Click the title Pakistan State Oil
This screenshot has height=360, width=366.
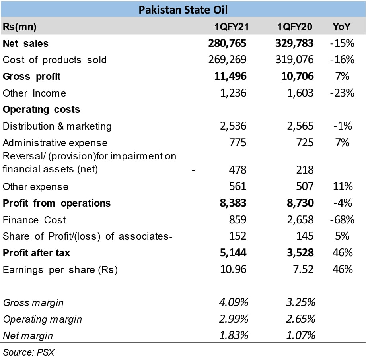coord(183,9)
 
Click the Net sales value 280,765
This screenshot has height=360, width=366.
coord(227,43)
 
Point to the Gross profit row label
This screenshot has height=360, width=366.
coord(32,76)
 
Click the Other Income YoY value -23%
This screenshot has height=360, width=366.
coord(342,93)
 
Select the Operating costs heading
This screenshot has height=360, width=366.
coord(41,110)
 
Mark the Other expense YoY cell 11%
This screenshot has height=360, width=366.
coord(343,187)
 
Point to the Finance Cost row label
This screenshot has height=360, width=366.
coord(34,220)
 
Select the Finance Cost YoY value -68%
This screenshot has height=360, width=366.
coord(342,220)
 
